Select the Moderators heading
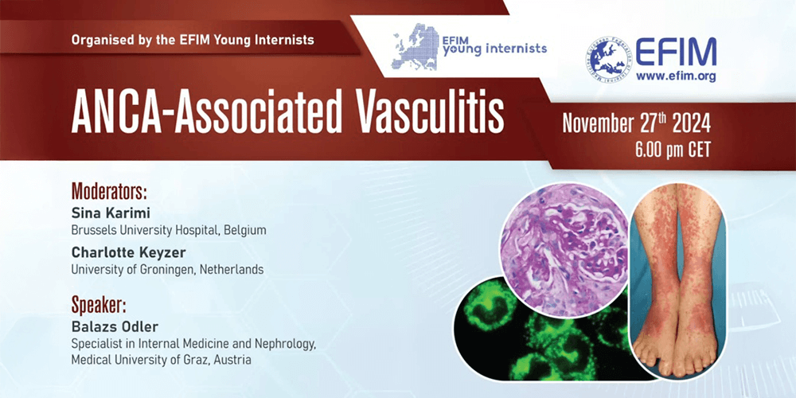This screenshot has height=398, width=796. click(109, 191)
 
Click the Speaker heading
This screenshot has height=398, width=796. click(99, 306)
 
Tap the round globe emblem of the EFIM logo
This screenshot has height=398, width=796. click(607, 60)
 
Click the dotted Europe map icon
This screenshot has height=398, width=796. click(415, 47)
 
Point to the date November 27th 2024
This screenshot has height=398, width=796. click(636, 124)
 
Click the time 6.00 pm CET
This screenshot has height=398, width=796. click(673, 150)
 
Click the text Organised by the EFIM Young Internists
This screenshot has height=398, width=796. click(193, 39)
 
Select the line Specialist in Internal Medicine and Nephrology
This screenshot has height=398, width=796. click(194, 345)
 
